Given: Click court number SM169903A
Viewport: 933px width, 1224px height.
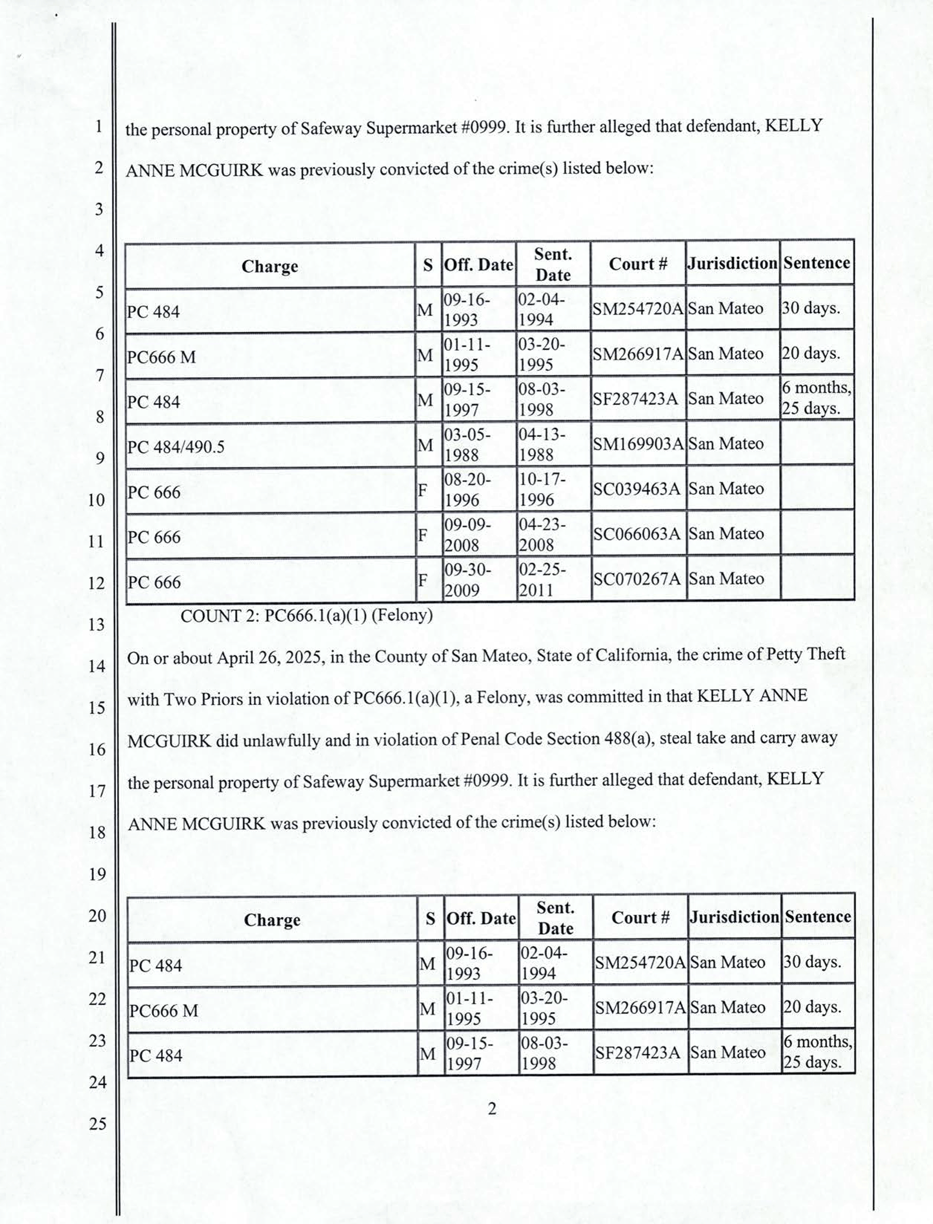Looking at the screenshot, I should pos(638,444).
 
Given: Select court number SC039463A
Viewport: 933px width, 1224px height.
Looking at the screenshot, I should pos(636,489).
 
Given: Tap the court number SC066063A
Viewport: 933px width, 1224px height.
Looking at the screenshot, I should pos(636,534).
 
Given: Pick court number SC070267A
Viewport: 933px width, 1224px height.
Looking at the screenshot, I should pos(636,579).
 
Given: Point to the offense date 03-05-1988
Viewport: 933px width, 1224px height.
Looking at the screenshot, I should pos(466,445).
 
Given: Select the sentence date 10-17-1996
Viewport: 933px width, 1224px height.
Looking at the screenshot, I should pos(542,490).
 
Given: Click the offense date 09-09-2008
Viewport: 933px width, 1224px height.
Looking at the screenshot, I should pos(466,534).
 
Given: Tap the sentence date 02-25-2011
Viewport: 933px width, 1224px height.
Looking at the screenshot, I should pos(542,580).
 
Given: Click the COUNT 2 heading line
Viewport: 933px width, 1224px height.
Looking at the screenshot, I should pos(306,615).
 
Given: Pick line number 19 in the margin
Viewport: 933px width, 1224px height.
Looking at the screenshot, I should pos(97,874).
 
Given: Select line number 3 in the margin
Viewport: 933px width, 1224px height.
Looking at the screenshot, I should pos(98,210).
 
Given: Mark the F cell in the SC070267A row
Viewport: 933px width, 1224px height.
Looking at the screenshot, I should pos(423,580).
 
